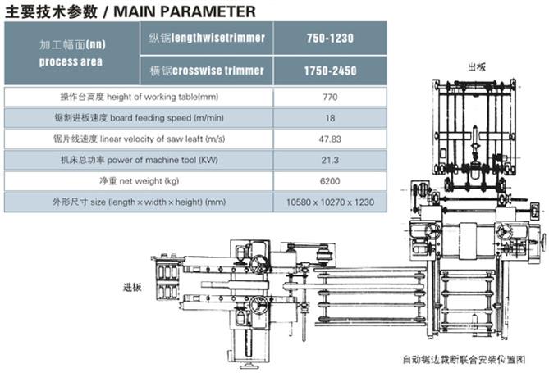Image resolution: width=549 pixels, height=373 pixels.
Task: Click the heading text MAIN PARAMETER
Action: pos(185,11)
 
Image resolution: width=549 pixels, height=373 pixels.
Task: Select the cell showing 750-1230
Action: pos(330,39)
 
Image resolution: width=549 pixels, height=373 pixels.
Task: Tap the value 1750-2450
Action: pos(330,71)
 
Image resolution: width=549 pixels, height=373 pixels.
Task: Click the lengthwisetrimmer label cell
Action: pos(207,38)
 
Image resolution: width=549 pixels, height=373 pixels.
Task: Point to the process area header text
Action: pos(71,62)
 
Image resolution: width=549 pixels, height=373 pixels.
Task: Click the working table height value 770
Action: pos(330,97)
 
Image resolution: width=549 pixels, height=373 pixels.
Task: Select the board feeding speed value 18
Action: pos(330,118)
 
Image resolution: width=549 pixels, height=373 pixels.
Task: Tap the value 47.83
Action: pos(330,139)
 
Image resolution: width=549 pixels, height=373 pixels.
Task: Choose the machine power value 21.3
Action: pos(330,160)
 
